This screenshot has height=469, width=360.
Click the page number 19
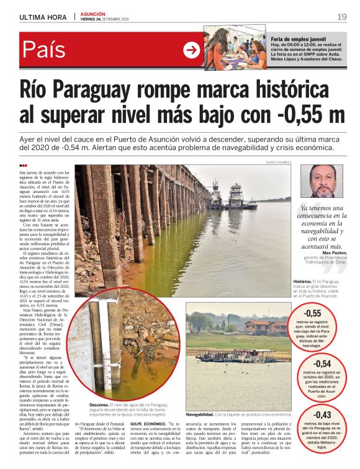(342, 16)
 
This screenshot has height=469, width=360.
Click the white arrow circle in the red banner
(192, 50)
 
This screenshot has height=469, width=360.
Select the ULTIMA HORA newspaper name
(43, 17)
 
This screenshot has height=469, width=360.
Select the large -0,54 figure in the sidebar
(322, 364)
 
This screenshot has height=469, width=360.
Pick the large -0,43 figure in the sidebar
(322, 414)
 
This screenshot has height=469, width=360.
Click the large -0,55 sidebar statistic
(322, 313)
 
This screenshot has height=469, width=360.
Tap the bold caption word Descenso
(99, 404)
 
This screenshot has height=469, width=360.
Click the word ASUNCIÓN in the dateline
(93, 14)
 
